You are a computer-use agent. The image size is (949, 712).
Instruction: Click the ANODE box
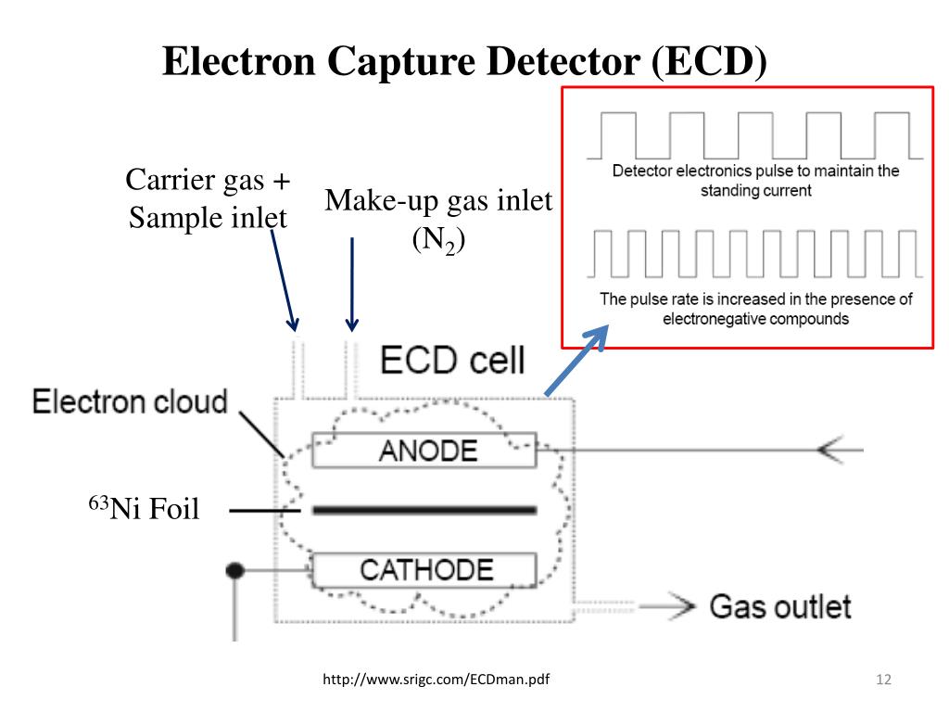(x=424, y=451)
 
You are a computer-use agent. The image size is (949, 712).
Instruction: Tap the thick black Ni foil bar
(x=424, y=510)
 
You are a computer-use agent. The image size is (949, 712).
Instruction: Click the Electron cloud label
(x=130, y=402)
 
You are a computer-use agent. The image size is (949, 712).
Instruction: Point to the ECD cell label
(x=453, y=359)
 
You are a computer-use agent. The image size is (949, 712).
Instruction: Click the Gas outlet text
(x=779, y=607)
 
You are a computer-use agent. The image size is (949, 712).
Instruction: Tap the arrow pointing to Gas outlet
(x=667, y=607)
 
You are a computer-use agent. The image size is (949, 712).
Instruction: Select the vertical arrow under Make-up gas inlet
(x=352, y=283)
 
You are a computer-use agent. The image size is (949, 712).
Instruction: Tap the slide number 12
(x=882, y=681)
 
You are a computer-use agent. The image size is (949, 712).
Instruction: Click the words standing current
(x=755, y=191)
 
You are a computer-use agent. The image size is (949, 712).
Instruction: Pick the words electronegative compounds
(x=755, y=318)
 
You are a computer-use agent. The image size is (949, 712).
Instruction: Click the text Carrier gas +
(x=208, y=181)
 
